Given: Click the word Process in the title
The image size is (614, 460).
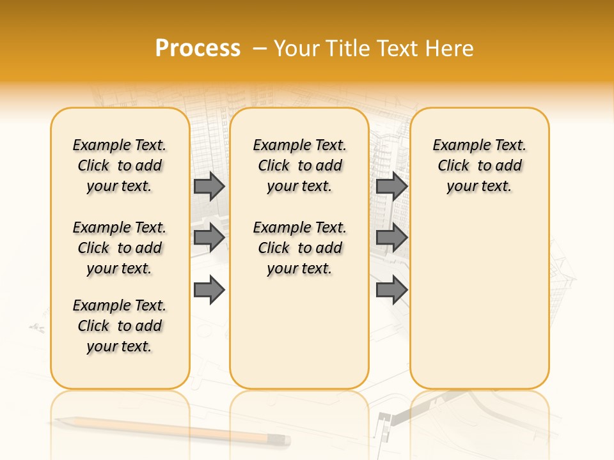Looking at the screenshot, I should click(198, 49).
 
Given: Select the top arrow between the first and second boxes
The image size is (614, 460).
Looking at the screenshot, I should click(209, 186).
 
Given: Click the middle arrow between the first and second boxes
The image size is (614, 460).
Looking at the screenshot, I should click(209, 238).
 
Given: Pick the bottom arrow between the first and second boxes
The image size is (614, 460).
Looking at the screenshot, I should click(209, 289).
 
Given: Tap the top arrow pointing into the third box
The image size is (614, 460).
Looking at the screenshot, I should click(391, 186).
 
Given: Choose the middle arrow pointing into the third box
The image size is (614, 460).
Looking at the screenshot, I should click(391, 238).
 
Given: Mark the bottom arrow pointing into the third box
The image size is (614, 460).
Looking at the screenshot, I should click(391, 289).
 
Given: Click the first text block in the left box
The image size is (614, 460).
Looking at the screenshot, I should click(120, 165).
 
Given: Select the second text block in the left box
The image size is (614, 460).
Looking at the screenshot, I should click(120, 248).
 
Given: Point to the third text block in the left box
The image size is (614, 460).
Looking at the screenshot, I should click(120, 326).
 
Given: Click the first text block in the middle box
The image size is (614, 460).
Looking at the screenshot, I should click(299, 165).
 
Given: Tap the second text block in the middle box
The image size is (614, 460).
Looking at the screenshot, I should click(299, 248).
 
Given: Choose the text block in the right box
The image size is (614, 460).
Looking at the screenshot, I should click(479, 165).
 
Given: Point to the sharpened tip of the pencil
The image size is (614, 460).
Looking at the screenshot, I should click(57, 419).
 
